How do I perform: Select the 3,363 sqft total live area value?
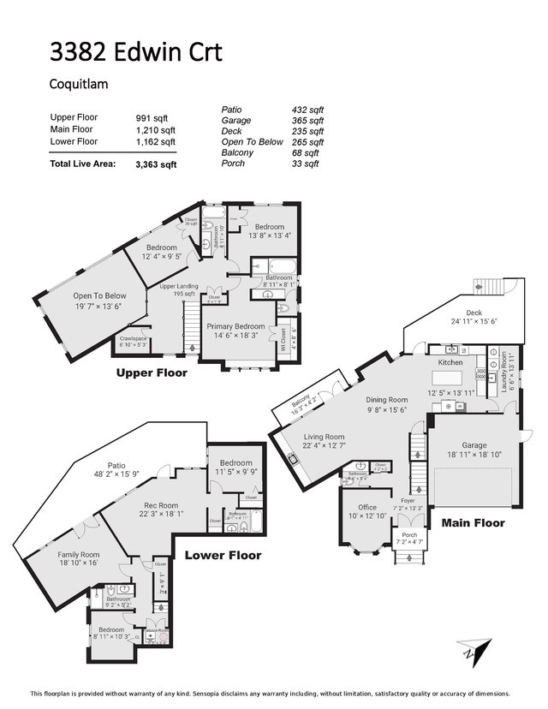click(x=155, y=165)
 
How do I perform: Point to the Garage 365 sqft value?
click(x=307, y=120)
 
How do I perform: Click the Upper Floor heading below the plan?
click(x=152, y=373)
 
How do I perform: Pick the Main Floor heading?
click(x=473, y=522)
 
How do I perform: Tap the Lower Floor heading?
click(x=223, y=555)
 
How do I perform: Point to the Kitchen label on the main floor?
click(x=450, y=363)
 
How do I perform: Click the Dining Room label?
click(x=386, y=399)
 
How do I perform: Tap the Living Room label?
click(x=324, y=437)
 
